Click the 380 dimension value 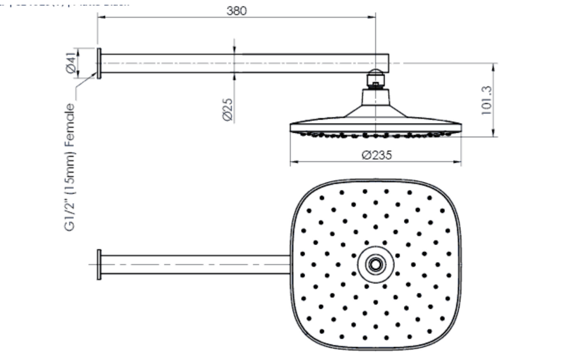click(237, 11)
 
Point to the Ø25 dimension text click(227, 109)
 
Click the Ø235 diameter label click(376, 155)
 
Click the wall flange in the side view click(99, 63)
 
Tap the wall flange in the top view click(99, 264)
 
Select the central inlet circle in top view click(375, 264)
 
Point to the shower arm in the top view click(194, 264)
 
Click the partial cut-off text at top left click(65, 3)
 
